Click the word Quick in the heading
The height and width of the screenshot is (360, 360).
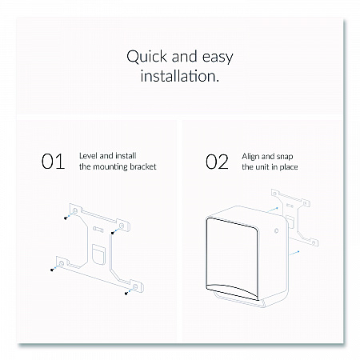click(147, 57)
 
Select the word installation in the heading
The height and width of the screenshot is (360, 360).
click(180, 76)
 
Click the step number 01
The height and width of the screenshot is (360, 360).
click(53, 162)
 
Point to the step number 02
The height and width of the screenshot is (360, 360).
click(217, 162)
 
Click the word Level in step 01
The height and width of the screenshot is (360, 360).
click(88, 156)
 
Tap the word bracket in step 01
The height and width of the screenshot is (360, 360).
click(143, 166)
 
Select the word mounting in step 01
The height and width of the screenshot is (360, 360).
click(110, 167)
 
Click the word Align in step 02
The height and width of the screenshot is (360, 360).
click(250, 157)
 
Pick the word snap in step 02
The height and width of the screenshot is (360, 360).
click(284, 157)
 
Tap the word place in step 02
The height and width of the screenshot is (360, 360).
click(289, 167)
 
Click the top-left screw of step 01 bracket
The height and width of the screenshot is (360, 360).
click(66, 218)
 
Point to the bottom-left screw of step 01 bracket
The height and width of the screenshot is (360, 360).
click(52, 270)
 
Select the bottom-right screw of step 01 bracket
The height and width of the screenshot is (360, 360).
click(126, 294)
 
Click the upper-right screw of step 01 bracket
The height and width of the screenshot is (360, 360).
click(113, 234)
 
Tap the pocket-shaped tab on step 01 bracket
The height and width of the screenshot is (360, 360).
click(98, 254)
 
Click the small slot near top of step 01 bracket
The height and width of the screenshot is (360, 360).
click(98, 230)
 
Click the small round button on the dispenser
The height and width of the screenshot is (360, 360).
click(277, 230)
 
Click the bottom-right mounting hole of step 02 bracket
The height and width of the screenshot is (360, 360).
click(314, 243)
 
